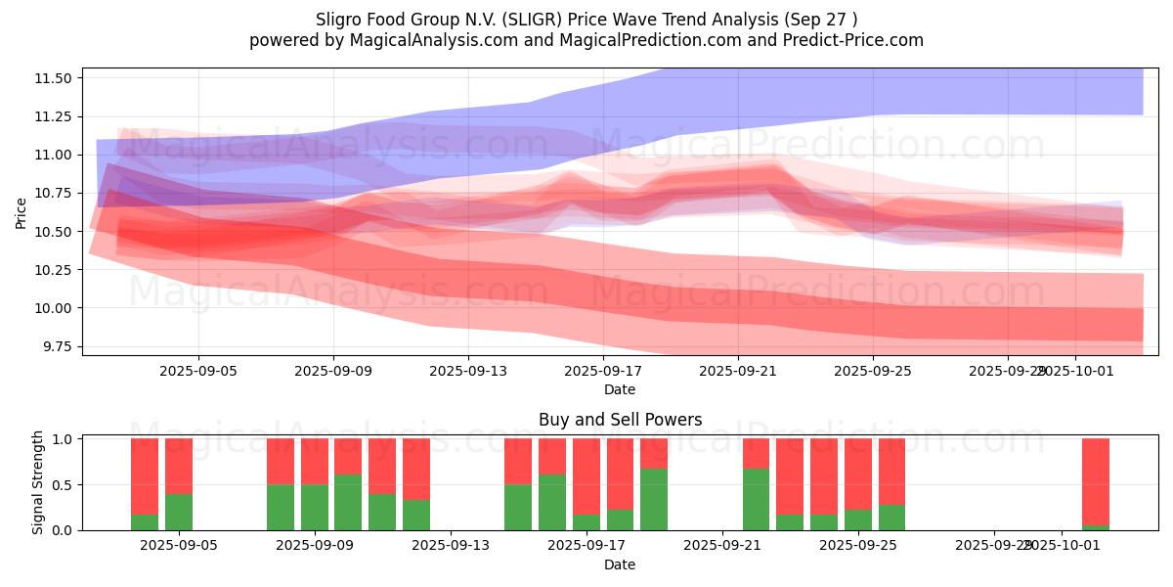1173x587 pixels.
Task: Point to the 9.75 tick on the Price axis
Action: [x=58, y=346]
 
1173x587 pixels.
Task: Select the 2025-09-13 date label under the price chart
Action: [x=467, y=371]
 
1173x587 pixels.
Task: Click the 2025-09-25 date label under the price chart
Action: [x=873, y=371]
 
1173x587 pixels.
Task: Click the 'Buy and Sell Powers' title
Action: [x=620, y=420]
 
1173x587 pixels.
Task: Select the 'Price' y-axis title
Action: [x=22, y=212]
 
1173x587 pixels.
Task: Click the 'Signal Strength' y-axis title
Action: [x=39, y=482]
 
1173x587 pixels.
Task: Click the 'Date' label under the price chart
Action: [x=620, y=389]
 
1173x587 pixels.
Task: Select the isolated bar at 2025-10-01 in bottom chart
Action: [x=1095, y=483]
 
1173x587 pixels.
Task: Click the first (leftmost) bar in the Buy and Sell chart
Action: [x=145, y=483]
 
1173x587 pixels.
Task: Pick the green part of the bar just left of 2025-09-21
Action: [x=654, y=499]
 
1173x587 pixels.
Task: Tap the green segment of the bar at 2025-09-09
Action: [x=315, y=507]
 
